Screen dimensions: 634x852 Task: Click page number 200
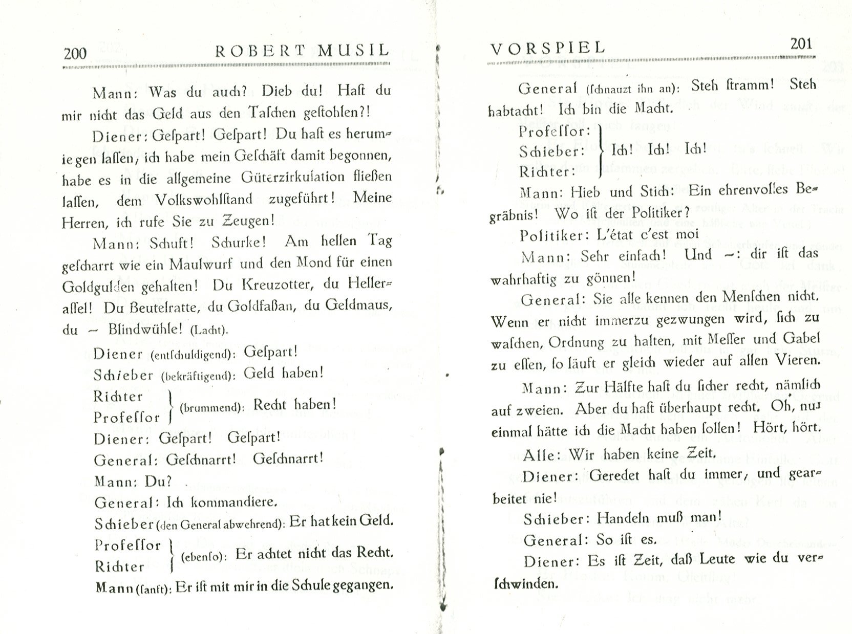tap(75, 53)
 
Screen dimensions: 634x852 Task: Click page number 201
tap(801, 44)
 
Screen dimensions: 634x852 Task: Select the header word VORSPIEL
tap(548, 48)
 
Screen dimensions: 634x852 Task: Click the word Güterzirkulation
tap(293, 177)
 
